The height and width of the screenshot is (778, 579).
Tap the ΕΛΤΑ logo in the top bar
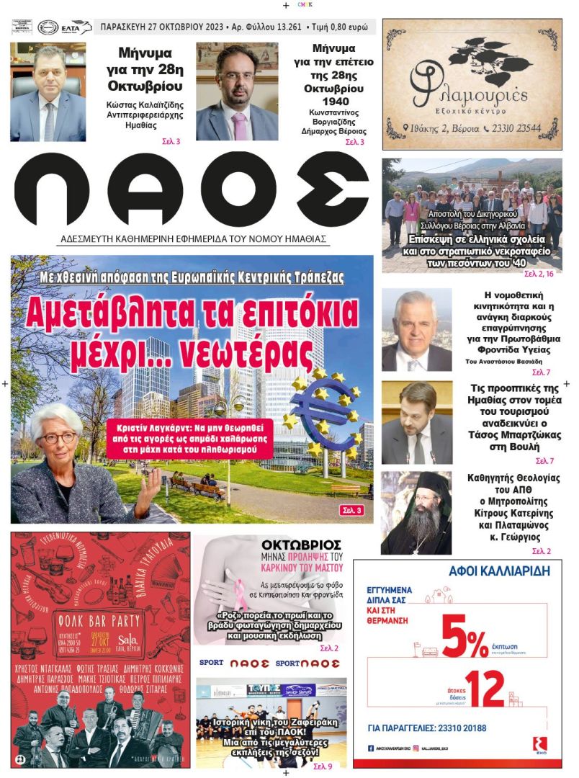tap(77, 27)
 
